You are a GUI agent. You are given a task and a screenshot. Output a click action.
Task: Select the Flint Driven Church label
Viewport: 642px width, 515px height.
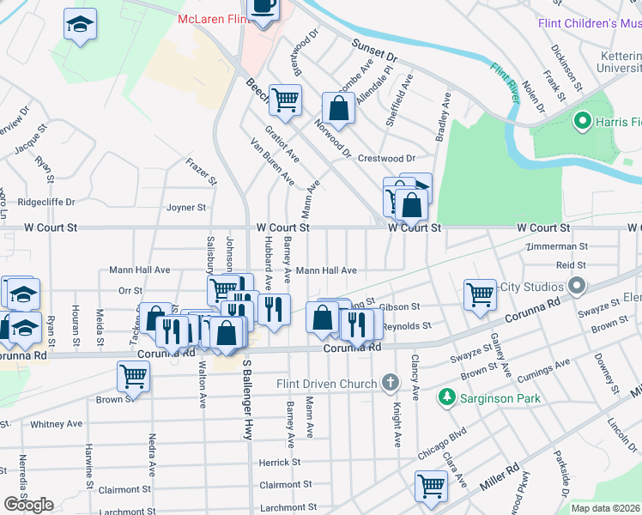click(x=327, y=383)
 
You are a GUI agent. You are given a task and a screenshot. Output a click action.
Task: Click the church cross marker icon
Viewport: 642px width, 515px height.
click(x=390, y=382)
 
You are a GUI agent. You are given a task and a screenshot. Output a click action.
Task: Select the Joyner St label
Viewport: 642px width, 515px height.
click(x=186, y=207)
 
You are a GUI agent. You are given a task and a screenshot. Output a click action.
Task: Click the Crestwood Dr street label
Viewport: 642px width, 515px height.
click(x=386, y=159)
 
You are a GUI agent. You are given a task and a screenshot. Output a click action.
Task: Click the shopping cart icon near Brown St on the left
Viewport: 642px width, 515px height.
click(x=133, y=374)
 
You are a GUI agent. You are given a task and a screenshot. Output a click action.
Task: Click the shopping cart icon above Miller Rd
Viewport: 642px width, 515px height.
click(x=431, y=485)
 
